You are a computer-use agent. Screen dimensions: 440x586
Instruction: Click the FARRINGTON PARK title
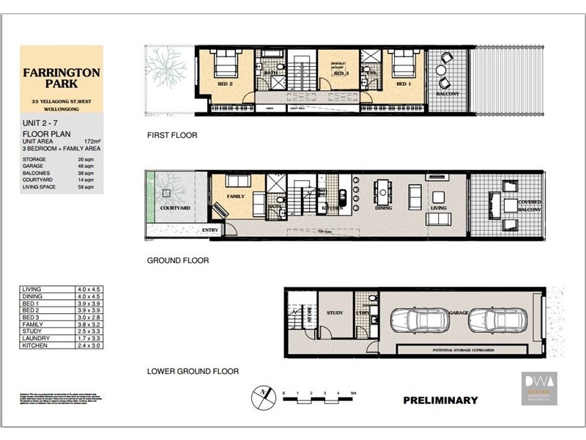tap(61, 79)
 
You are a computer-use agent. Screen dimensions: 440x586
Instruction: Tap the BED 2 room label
tap(225, 84)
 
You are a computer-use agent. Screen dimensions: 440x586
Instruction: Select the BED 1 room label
tap(404, 84)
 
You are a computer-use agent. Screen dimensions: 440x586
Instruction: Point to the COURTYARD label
tap(175, 208)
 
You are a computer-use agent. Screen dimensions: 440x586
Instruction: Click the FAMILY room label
tap(236, 197)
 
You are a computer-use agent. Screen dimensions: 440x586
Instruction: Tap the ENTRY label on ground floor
tap(210, 230)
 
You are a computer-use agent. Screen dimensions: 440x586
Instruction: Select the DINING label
tap(383, 208)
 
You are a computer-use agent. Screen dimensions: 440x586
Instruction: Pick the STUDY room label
tap(335, 312)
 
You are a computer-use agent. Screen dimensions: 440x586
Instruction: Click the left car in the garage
tap(415, 320)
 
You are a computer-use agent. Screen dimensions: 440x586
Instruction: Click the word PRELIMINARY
tap(440, 400)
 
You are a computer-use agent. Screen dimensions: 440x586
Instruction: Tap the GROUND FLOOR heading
tap(178, 260)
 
